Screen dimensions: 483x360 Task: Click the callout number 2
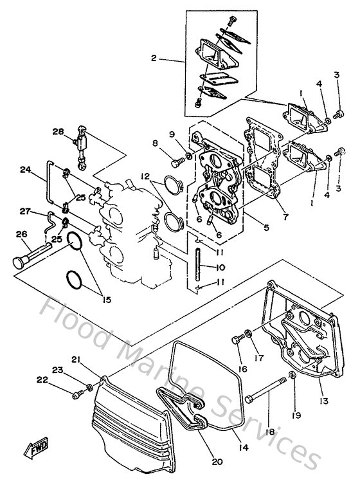click(x=154, y=59)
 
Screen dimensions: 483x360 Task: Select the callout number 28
click(x=57, y=132)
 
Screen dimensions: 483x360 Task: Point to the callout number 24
click(x=25, y=170)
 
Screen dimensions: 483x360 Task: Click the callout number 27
click(x=25, y=210)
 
